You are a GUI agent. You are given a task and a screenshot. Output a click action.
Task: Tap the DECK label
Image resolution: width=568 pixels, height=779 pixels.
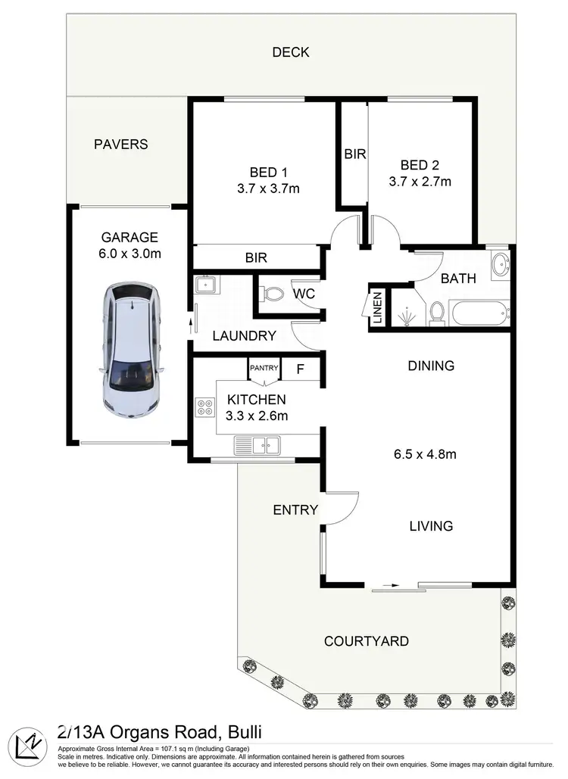click(291, 52)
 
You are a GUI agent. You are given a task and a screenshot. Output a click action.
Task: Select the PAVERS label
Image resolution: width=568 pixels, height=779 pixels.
click(120, 144)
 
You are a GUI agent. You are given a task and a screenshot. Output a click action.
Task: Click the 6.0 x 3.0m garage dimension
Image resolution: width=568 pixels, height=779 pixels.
click(130, 254)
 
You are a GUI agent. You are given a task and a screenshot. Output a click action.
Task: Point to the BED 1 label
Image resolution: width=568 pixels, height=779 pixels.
click(268, 171)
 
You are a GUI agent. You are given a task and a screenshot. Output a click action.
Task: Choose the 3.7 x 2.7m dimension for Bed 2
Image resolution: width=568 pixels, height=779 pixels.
click(420, 182)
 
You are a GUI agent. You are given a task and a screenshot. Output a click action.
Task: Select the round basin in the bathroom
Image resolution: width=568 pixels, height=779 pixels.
click(500, 265)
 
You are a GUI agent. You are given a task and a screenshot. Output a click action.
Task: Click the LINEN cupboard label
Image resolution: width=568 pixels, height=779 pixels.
click(377, 309)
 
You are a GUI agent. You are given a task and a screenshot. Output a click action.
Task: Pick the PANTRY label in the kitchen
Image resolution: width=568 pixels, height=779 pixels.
click(264, 368)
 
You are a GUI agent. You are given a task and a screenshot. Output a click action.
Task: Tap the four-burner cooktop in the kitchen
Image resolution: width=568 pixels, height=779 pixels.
click(205, 408)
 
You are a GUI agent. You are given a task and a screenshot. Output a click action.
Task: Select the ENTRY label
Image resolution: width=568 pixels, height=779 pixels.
click(295, 510)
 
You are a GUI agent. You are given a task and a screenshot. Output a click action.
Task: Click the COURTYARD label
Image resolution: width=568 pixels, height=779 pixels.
click(367, 641)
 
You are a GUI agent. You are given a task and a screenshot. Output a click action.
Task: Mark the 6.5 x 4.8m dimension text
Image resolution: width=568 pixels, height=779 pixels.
click(424, 455)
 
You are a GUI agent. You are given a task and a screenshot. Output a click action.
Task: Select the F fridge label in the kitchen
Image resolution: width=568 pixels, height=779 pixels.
click(300, 370)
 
